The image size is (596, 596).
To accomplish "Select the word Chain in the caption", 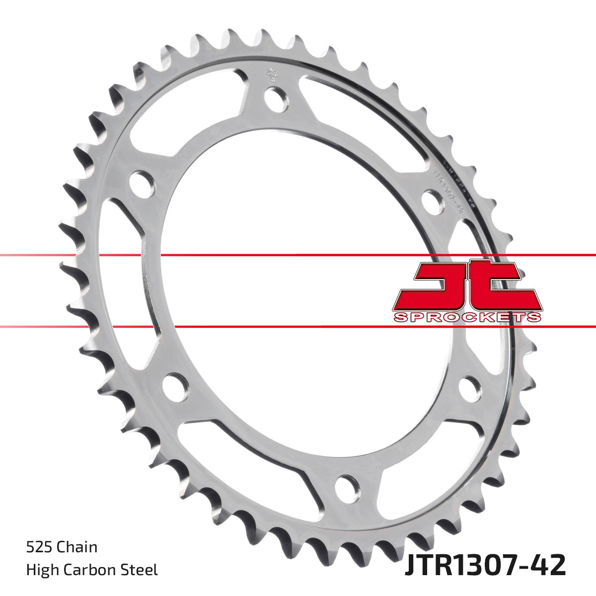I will [77, 547].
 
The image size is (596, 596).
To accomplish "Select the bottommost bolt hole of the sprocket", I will [347, 487].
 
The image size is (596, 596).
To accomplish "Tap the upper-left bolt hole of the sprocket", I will [141, 183].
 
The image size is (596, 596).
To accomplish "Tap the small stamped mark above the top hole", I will [271, 74].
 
